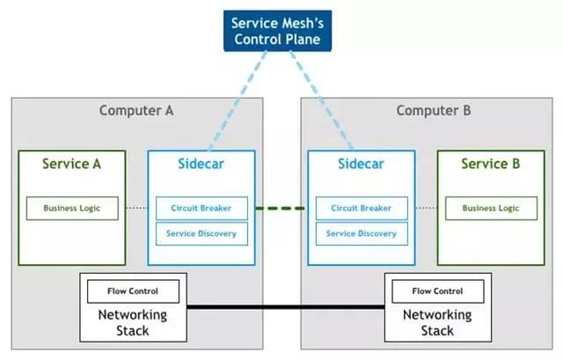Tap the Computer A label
[x=136, y=110]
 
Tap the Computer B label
[x=434, y=110]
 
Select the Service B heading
[x=491, y=164]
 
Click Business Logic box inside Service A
[x=72, y=209]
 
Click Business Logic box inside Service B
[x=491, y=209]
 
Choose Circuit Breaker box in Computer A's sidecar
[x=202, y=209]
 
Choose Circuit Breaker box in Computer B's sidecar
[x=362, y=209]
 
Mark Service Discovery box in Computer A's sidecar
[x=202, y=233]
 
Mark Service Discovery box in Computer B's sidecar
[x=362, y=233]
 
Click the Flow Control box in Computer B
[x=437, y=290]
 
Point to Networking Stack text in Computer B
[x=437, y=322]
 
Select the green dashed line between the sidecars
[x=281, y=209]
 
